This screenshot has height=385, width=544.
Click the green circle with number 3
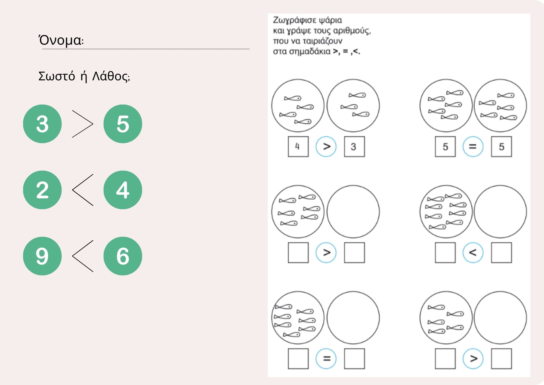coord(42,124)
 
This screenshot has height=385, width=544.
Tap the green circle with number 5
coord(123,124)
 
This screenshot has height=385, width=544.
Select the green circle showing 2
coord(42,190)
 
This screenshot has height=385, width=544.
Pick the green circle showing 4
coord(123,190)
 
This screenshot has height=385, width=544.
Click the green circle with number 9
coord(42,256)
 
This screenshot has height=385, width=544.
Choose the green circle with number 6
coord(123,256)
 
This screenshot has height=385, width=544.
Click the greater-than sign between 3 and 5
coord(93,124)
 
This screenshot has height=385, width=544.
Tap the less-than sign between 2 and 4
coord(72,190)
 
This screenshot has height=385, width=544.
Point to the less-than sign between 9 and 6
coord(72,256)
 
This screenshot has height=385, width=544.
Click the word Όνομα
coord(60,40)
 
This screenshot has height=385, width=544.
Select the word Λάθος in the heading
coord(110,76)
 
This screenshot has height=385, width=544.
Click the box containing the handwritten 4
coord(298,147)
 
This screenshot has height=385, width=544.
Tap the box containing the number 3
coord(354,147)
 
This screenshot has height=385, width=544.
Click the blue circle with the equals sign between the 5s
coord(473,147)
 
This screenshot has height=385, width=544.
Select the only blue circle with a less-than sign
coord(473,253)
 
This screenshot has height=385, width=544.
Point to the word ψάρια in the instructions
coord(330,20)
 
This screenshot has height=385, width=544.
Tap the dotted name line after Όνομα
coord(146,49)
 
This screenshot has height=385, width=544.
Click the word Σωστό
coord(57,76)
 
